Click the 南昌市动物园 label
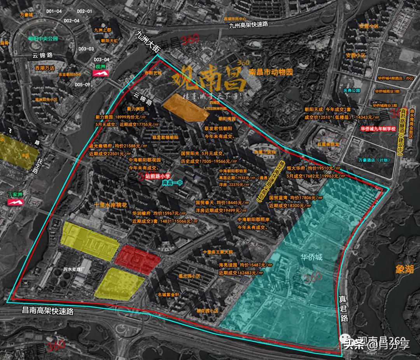(270, 72)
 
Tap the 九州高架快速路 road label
(248, 25)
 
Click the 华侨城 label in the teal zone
(311, 257)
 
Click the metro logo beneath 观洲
(103, 73)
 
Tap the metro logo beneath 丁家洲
(16, 202)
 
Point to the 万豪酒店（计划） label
(371, 160)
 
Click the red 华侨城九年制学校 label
(378, 128)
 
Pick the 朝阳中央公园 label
(43, 38)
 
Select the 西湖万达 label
(45, 68)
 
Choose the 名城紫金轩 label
(168, 295)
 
